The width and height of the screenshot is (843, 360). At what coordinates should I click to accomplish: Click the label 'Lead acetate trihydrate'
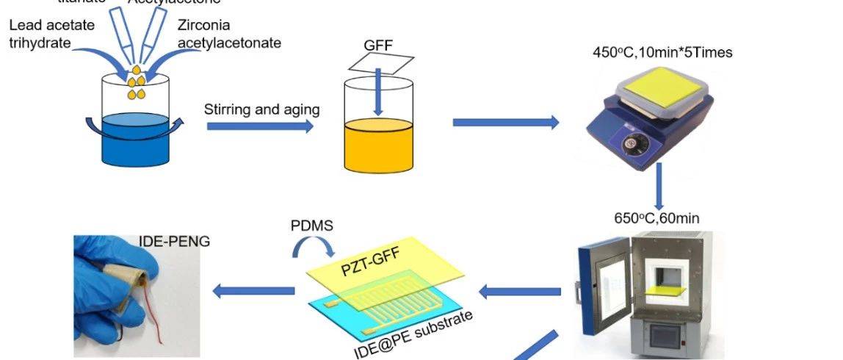point(51,34)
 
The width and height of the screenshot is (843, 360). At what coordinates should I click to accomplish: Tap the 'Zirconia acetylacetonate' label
point(228,34)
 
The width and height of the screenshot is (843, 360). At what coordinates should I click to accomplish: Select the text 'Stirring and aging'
point(261,109)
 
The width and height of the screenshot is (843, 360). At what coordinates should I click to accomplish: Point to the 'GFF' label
point(378,45)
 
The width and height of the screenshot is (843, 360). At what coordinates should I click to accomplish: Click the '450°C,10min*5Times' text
point(662,52)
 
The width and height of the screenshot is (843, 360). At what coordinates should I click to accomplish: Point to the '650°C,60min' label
point(656,218)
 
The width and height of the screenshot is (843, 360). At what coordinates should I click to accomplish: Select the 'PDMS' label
point(312,226)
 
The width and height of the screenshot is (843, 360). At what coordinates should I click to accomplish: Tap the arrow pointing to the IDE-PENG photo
point(253,292)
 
